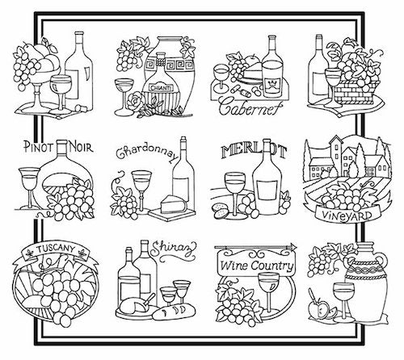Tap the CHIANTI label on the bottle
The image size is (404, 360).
coord(161,88)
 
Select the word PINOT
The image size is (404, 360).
coord(38,147)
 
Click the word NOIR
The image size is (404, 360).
coord(81,147)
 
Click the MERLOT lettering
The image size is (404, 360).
coord(253,152)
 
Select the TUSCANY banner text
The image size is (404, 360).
coord(56,249)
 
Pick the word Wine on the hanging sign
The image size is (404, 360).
coord(234,266)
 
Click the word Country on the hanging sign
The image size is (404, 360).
coord(272,266)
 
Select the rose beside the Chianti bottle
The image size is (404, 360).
coord(136,101)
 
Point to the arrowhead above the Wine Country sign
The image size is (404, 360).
coord(293,247)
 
